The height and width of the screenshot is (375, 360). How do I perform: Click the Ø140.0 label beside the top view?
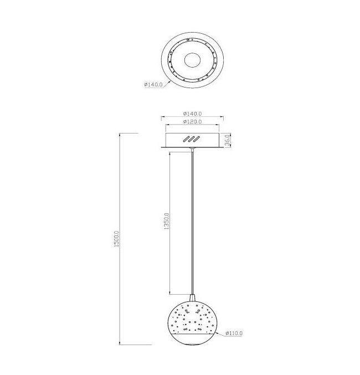(x=153, y=84)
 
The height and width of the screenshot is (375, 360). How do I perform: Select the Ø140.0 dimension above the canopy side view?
(x=192, y=114)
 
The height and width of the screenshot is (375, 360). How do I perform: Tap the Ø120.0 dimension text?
(x=192, y=121)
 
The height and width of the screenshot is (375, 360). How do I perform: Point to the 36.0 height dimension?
(x=227, y=140)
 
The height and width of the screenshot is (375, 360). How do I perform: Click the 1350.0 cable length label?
(x=167, y=221)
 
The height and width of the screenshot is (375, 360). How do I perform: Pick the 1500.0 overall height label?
(x=116, y=239)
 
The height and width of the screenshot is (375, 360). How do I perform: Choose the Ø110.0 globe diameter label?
(x=234, y=333)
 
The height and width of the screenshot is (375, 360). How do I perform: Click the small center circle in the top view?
(x=192, y=60)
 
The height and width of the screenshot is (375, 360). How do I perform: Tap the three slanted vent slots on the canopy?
(x=192, y=139)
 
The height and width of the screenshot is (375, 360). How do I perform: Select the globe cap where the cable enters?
(x=192, y=299)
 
